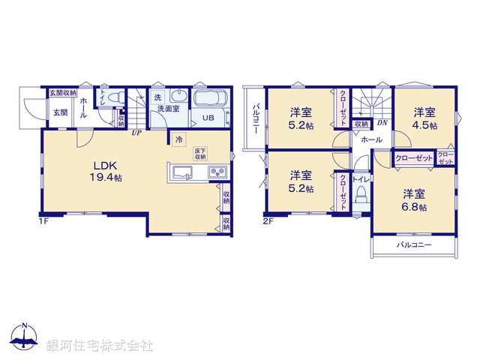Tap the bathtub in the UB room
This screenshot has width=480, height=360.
pos(213,100)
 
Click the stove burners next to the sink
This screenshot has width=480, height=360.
pos(216,173)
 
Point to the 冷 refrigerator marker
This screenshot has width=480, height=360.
pos(178,139)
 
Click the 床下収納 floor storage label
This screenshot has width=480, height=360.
pos(200,153)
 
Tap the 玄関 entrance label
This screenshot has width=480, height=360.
pos(60,112)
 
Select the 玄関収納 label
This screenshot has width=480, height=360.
pos(63,93)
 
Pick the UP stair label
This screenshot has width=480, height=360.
pos(136,133)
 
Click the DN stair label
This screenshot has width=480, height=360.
pos(382,123)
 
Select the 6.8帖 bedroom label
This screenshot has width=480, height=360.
pos(413,199)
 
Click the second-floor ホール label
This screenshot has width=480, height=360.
pos(370,139)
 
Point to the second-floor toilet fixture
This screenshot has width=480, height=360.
pos(360,196)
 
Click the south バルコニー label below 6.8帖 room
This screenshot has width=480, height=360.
pos(413,245)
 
